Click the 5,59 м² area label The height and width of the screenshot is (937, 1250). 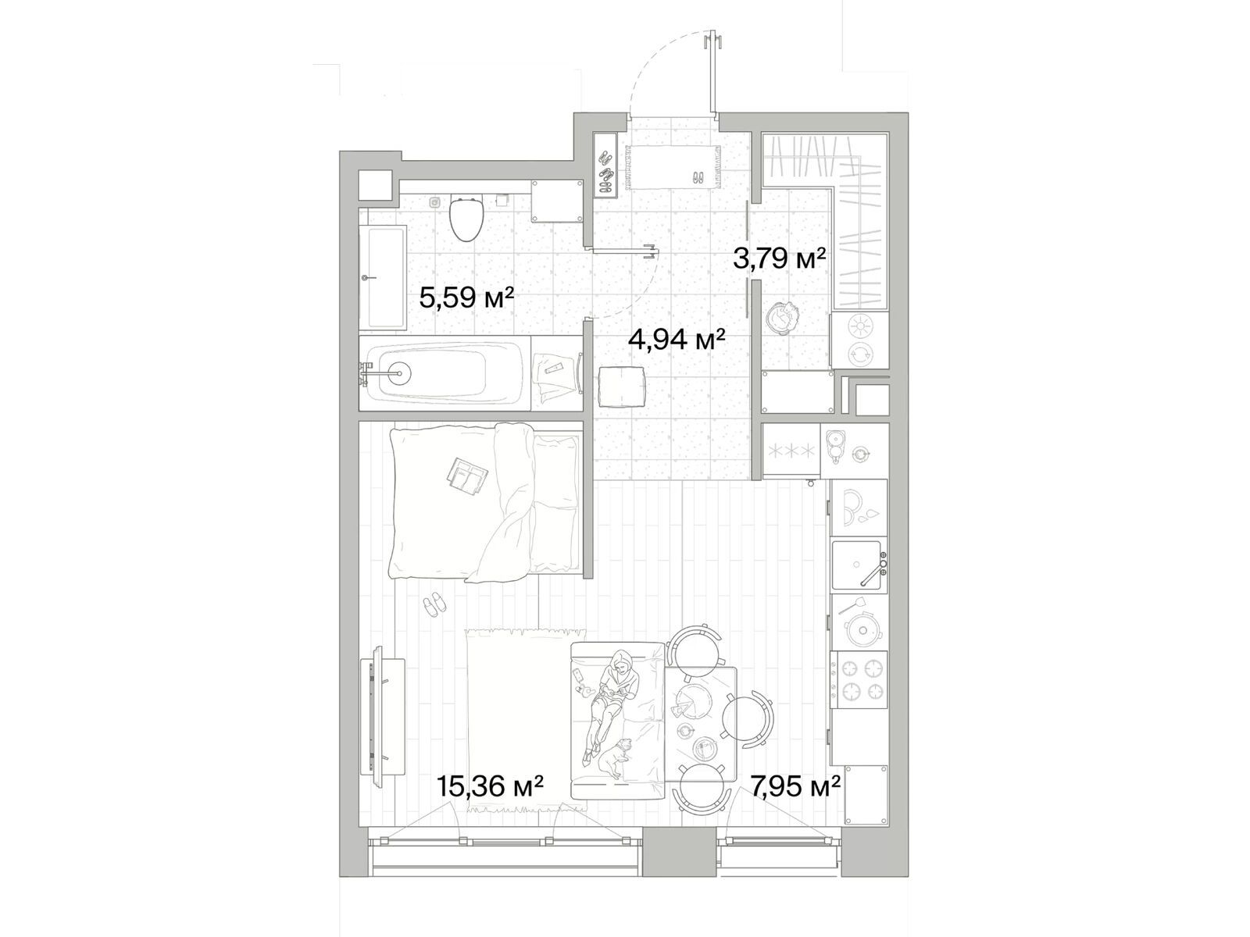[x=466, y=297]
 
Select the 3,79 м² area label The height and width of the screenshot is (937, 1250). [x=778, y=259]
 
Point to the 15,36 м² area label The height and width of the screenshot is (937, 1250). [x=489, y=787]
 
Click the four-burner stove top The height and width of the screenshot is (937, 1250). [x=859, y=679]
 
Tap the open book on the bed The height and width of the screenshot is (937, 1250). [x=467, y=473]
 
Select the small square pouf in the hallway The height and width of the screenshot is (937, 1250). [x=622, y=387]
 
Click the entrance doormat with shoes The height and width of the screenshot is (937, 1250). [x=673, y=166]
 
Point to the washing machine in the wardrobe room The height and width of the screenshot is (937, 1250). [x=858, y=340]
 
